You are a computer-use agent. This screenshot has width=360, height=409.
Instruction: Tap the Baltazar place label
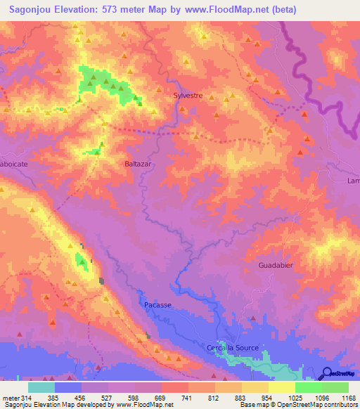[138, 163]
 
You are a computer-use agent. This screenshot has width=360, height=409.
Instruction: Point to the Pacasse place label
[157, 306]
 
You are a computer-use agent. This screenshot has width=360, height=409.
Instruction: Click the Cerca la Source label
[232, 348]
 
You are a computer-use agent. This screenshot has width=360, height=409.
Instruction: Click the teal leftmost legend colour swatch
[41, 387]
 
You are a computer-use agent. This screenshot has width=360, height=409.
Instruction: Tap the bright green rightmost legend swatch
[335, 387]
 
